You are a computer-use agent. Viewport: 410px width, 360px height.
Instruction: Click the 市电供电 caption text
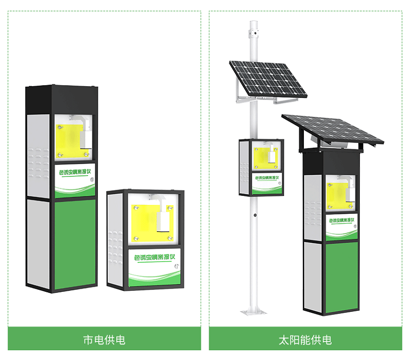click(x=104, y=339)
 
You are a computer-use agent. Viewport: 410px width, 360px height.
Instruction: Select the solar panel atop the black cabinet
click(x=333, y=128)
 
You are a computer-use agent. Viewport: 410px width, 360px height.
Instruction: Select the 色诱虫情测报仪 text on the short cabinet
click(x=154, y=257)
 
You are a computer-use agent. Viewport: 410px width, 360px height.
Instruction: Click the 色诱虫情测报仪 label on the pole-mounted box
click(x=266, y=178)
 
